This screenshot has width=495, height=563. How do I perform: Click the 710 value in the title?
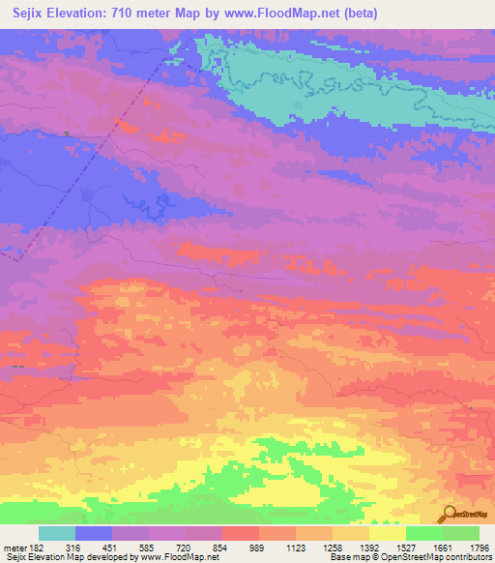pyautogui.click(x=126, y=14)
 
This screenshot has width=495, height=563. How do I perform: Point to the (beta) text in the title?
pyautogui.click(x=359, y=14)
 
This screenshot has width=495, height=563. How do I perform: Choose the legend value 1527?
pyautogui.click(x=405, y=548)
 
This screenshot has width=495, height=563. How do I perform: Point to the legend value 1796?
pyautogui.click(x=479, y=548)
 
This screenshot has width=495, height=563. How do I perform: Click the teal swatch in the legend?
pyautogui.click(x=57, y=533)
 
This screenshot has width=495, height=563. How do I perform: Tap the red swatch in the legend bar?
pyautogui.click(x=240, y=533)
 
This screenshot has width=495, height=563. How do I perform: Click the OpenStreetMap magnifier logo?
pyautogui.click(x=449, y=514)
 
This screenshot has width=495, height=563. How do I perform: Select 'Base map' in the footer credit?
pyautogui.click(x=347, y=558)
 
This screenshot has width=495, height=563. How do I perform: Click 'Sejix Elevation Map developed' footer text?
pyautogui.click(x=58, y=558)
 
